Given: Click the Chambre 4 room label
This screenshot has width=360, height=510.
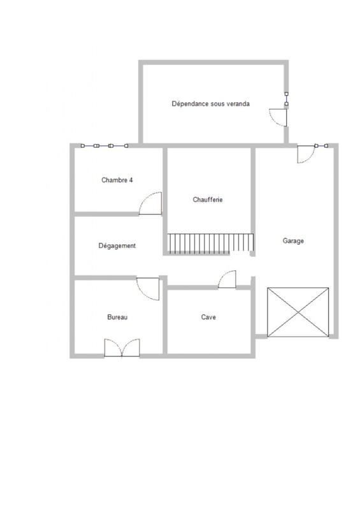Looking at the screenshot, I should (117, 180).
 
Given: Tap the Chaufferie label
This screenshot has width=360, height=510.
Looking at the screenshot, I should (207, 200).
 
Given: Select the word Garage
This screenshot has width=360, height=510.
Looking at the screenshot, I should (293, 241).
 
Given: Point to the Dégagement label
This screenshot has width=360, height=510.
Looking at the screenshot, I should (117, 245).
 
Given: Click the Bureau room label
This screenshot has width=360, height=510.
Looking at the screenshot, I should (117, 317).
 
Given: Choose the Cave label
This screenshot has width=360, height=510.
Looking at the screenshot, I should (208, 317).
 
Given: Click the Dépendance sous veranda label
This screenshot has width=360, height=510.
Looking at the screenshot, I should (210, 104).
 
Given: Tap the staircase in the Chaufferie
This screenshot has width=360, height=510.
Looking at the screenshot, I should (210, 243).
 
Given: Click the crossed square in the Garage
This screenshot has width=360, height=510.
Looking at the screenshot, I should (299, 312).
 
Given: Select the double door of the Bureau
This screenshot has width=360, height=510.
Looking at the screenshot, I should (122, 347).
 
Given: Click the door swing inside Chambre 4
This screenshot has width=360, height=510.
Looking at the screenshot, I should (152, 203).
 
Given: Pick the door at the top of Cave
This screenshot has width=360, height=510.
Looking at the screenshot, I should (227, 280).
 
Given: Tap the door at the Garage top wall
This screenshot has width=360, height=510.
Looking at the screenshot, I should (306, 154).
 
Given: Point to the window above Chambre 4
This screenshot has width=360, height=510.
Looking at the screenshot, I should (104, 146).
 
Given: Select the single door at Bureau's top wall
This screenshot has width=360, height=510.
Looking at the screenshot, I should (148, 288).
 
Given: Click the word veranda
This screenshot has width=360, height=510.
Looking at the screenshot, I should (238, 104).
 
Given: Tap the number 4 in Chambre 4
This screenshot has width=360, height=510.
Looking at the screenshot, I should (131, 180).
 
